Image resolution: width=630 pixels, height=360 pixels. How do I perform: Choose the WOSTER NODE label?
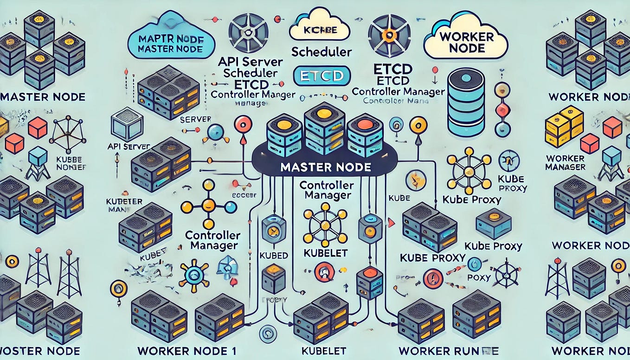click(x=41, y=351)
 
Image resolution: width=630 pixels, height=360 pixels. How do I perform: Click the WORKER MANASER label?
click(x=565, y=162)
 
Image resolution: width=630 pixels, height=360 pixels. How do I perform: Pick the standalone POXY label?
click(x=478, y=277)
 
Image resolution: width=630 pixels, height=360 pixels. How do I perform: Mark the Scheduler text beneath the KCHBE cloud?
click(x=321, y=52)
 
